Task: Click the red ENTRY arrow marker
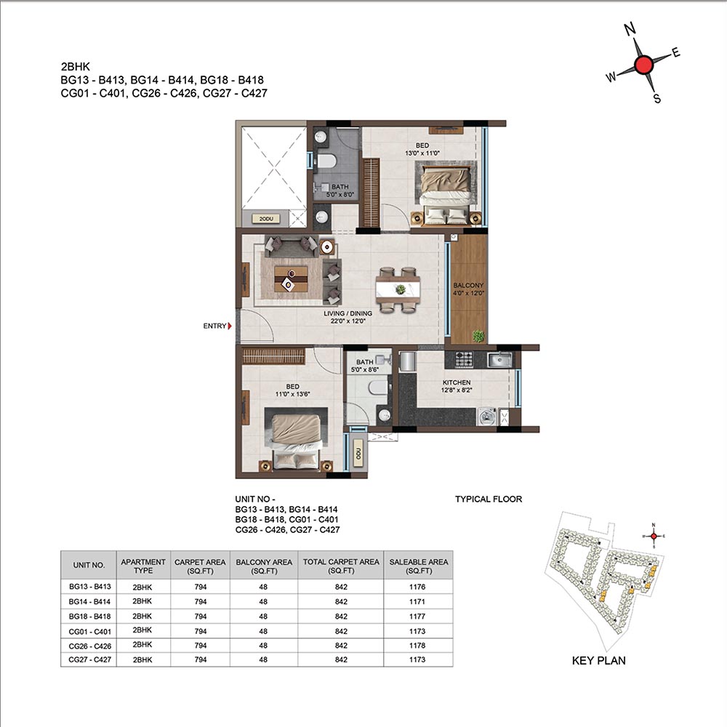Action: (230, 326)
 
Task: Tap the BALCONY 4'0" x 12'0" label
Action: (468, 289)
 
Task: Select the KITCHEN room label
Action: (457, 382)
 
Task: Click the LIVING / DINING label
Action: (348, 313)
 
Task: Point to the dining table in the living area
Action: (398, 290)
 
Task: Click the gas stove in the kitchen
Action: (464, 359)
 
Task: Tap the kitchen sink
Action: (499, 360)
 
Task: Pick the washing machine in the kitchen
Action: (486, 417)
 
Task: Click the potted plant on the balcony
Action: (478, 336)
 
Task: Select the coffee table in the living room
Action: (291, 278)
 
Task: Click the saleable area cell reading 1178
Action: (417, 646)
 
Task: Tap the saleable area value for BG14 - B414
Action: (417, 601)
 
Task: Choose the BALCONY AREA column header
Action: (264, 566)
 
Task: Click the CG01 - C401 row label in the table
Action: (89, 631)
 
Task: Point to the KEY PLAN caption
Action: (598, 660)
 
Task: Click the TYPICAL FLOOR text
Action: (489, 499)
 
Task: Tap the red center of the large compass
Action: (643, 65)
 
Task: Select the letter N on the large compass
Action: (630, 29)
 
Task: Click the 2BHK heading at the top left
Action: (75, 66)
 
